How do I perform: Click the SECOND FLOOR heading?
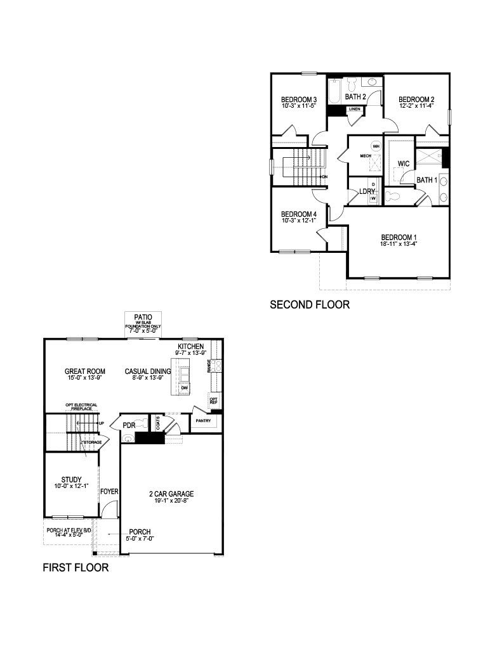[x=310, y=305]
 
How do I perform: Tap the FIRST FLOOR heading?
[x=76, y=567]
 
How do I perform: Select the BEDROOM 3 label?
[x=299, y=100]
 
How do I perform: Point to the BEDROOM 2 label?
[x=416, y=100]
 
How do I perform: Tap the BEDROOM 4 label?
[x=299, y=214]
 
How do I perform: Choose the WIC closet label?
[x=404, y=164]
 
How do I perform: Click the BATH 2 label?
[x=355, y=97]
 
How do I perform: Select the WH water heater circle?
[x=376, y=146]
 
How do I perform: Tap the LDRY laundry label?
[x=367, y=191]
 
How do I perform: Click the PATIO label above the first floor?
[x=143, y=316]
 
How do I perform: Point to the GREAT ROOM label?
[x=85, y=371]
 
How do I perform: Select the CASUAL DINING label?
[x=148, y=371]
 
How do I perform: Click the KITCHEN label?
[x=190, y=347]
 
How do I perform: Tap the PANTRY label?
[x=204, y=420]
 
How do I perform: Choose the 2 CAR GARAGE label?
[x=171, y=494]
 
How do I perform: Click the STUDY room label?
[x=71, y=479]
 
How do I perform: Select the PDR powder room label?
[x=129, y=425]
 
